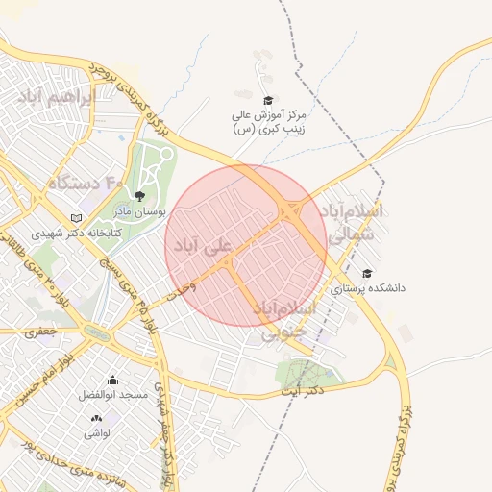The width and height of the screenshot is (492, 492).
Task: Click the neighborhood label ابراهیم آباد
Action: [x=56, y=98]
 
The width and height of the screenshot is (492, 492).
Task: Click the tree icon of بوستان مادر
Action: [x=139, y=196]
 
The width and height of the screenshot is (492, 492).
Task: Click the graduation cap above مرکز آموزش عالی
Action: [x=268, y=100]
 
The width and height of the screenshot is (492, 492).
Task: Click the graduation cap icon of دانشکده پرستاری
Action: [x=367, y=274]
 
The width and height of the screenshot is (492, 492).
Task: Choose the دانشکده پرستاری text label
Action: [x=368, y=287]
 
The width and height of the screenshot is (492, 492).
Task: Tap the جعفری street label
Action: [x=42, y=332]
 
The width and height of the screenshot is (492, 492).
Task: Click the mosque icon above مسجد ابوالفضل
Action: [x=113, y=381]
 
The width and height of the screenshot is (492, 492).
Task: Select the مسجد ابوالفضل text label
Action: [x=114, y=395]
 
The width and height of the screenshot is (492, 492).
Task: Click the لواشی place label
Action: [x=97, y=432]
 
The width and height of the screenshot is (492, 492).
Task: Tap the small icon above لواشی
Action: [x=96, y=418]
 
